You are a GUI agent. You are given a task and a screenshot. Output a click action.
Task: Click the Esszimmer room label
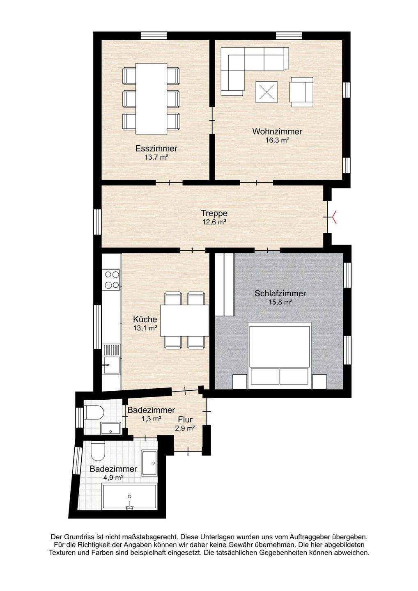pyautogui.click(x=156, y=149)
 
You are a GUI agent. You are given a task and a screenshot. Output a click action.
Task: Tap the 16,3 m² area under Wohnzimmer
pyautogui.click(x=277, y=140)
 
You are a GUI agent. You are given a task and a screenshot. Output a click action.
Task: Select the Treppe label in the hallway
pyautogui.click(x=214, y=213)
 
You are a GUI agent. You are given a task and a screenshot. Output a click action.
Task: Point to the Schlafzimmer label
pyautogui.click(x=280, y=293)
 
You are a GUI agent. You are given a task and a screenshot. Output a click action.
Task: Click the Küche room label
pyautogui.click(x=145, y=319)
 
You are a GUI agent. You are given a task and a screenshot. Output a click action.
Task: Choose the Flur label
pyautogui.click(x=186, y=419)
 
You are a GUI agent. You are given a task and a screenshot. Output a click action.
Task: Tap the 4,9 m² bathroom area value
pyautogui.click(x=114, y=478)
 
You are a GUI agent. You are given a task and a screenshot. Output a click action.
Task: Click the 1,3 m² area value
pyautogui.click(x=151, y=419)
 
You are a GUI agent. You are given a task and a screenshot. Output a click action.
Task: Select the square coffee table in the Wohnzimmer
pyautogui.click(x=266, y=92)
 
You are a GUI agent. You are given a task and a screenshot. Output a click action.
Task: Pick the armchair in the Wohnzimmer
pyautogui.click(x=301, y=92)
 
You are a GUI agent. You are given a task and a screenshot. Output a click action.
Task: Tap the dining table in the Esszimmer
pyautogui.click(x=152, y=98)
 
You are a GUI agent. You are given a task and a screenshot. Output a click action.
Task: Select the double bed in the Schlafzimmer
pyautogui.click(x=279, y=355)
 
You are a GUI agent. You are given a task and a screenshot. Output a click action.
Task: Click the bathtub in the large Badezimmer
pyautogui.click(x=129, y=497)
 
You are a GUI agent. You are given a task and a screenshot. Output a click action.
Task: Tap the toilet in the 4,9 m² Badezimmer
pyautogui.click(x=98, y=452)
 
